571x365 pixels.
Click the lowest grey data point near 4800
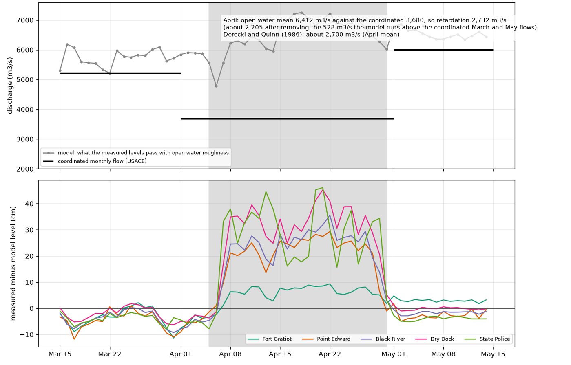click(216, 86)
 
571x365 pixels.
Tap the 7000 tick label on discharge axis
click(25, 20)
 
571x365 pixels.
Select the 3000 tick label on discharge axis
click(25, 139)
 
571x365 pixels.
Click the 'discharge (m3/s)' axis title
click(10, 86)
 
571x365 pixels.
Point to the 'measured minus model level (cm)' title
click(13, 263)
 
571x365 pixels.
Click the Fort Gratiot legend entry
click(270, 339)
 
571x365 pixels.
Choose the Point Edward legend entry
click(326, 339)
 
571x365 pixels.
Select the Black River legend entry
click(383, 339)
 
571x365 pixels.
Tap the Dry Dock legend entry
click(435, 339)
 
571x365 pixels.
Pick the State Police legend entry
click(487, 339)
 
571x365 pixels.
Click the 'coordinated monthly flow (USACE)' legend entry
click(95, 161)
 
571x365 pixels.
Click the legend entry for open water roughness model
click(136, 153)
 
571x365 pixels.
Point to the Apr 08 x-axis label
click(230, 354)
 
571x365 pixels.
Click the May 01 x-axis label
click(394, 354)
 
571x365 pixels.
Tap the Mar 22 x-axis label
click(110, 354)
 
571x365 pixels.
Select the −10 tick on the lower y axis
click(27, 335)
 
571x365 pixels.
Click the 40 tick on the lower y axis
click(29, 204)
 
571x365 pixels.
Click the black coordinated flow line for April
click(287, 119)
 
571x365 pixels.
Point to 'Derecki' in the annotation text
click(233, 34)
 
